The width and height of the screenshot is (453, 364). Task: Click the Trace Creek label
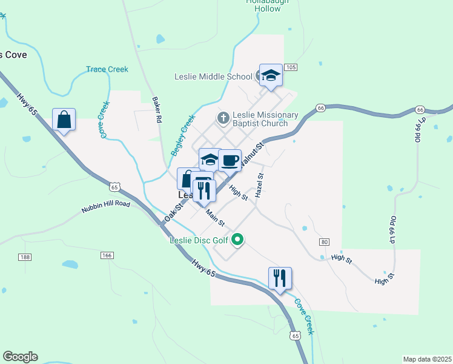tap(107, 69)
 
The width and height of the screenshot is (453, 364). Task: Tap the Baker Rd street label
tap(157, 109)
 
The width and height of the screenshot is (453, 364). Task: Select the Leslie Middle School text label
tap(213, 76)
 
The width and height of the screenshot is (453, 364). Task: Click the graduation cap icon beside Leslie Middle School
tap(271, 75)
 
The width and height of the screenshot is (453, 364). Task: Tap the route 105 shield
tap(290, 67)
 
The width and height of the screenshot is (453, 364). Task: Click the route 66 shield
tap(320, 108)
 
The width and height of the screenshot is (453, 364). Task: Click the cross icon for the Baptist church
tap(223, 118)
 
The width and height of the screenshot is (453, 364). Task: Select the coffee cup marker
tap(230, 161)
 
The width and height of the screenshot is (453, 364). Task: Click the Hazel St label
tap(259, 185)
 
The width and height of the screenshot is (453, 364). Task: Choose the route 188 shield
tap(25, 257)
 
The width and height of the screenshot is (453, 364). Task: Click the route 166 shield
tap(107, 255)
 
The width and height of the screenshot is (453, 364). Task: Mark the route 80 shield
tap(325, 242)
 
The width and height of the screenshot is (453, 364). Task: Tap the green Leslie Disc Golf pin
tap(238, 240)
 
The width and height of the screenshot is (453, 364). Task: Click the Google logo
tap(20, 357)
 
